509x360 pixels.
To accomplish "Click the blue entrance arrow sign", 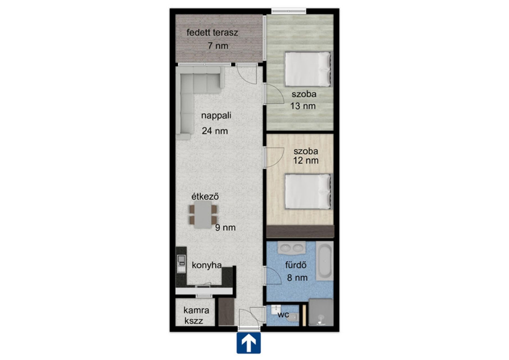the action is [248, 343].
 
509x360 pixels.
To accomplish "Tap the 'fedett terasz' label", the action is [212, 33].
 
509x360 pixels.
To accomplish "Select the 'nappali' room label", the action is [216, 116].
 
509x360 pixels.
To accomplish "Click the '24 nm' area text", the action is [215, 131].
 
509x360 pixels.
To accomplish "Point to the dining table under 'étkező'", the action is [203, 215].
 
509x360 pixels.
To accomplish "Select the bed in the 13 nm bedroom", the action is [307, 69].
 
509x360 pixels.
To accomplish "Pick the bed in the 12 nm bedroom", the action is [308, 192].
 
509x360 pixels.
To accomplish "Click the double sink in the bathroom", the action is [291, 248].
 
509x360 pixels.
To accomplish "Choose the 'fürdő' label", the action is [296, 265].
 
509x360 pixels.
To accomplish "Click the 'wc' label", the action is [283, 315].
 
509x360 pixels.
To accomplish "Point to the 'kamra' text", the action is [196, 310].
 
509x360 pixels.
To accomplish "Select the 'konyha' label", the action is [207, 265].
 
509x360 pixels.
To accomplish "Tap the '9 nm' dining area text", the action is [225, 228].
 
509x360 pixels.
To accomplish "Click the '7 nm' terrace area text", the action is [218, 46].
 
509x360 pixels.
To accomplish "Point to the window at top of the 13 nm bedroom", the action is [289, 11].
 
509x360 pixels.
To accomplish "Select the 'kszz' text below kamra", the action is [194, 321].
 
